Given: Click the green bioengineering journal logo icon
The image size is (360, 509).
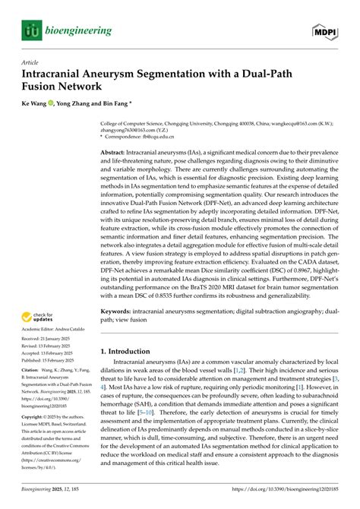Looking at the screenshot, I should (x=30, y=30).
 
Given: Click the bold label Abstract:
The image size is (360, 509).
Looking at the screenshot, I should (x=115, y=153).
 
